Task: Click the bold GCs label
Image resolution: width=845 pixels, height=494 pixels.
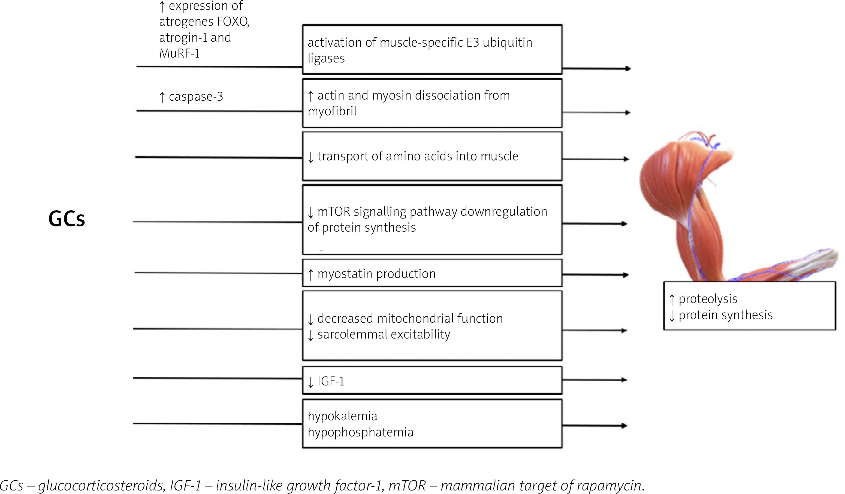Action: click(x=67, y=219)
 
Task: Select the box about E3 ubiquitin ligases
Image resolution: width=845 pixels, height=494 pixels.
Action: click(x=432, y=50)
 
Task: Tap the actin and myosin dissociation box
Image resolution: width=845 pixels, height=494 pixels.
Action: click(x=432, y=103)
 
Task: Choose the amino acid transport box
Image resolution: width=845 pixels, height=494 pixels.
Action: click(x=432, y=156)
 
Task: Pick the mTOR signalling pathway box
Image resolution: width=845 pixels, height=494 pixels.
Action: click(x=432, y=220)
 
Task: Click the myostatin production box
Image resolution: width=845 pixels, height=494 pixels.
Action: click(x=432, y=273)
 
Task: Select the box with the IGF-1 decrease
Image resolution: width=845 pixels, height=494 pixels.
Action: click(x=432, y=381)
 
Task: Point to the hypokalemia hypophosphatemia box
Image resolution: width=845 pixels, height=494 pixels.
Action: click(x=432, y=424)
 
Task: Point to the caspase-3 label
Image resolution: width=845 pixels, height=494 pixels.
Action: click(x=195, y=97)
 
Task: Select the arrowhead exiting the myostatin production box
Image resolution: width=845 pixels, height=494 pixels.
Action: click(x=625, y=275)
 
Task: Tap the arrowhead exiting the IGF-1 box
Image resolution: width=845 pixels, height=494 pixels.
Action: click(x=624, y=380)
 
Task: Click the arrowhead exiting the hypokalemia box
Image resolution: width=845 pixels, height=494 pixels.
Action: click(x=624, y=426)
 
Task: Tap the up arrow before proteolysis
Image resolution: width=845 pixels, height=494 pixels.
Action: click(x=672, y=299)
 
